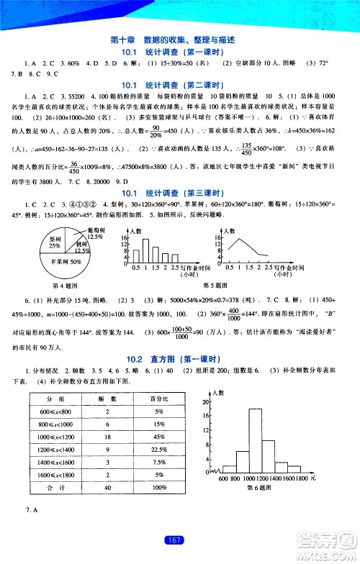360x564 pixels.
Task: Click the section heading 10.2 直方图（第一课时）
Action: tap(179, 360)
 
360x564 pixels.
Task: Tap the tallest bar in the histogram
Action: tap(255, 439)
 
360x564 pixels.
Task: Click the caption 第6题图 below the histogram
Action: tap(256, 490)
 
